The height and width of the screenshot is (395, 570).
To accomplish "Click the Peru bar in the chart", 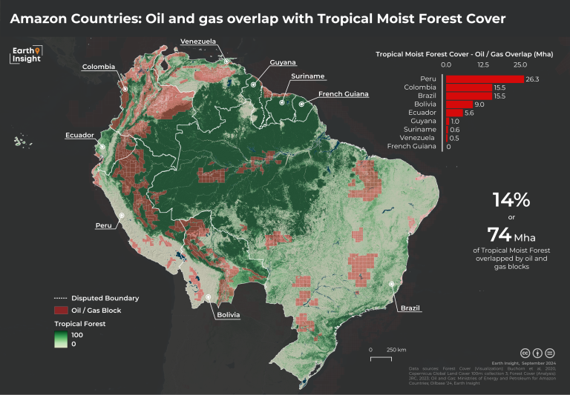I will pos(484,79).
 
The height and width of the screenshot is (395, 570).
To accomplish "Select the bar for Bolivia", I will pos(459,104).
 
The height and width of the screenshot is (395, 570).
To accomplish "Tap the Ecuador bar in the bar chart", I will pos(453,113).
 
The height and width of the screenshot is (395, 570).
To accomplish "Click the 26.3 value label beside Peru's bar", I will pos(532,79).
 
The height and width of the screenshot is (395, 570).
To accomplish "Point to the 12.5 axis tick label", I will pos(482,65).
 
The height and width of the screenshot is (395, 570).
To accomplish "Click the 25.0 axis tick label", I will pos(520,65).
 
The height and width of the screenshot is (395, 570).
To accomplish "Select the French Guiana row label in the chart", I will pos(414,147).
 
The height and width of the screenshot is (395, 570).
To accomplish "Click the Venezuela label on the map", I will pos(199,41).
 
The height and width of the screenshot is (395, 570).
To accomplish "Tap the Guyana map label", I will pos(283,62).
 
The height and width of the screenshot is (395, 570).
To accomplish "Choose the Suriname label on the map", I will pos(307,77).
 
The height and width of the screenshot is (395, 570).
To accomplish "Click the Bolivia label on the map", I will pos(228,315).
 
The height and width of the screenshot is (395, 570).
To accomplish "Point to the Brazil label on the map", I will pos(410,308).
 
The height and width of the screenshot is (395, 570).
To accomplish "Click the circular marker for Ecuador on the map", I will pos(102,147).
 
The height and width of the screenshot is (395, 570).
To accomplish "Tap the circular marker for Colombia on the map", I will pos(125,88).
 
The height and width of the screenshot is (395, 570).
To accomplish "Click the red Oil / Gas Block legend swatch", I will pos(61,311).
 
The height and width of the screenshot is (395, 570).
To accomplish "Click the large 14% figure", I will pos(511,199).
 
